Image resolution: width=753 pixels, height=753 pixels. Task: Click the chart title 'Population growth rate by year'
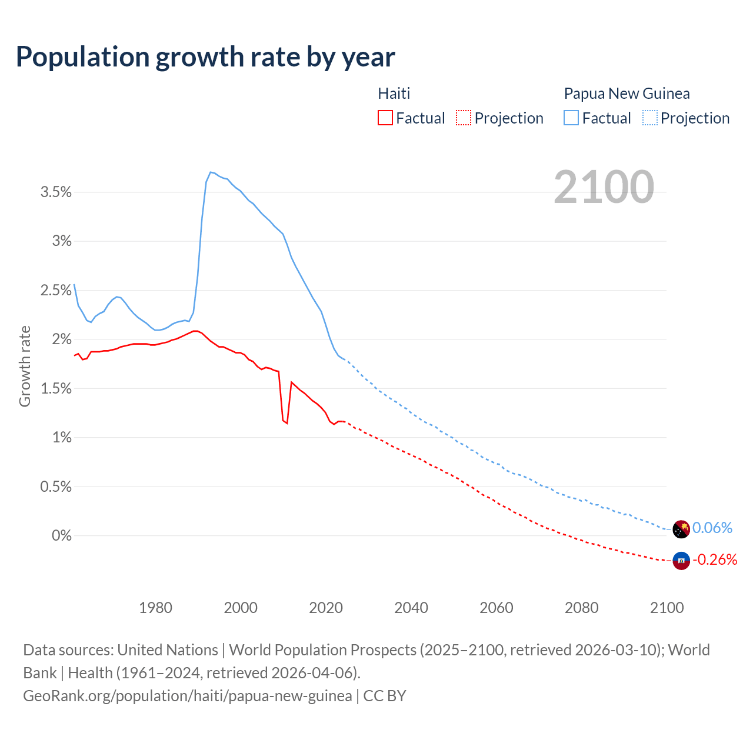pyautogui.click(x=205, y=56)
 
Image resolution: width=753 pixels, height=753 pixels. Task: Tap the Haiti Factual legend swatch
pyautogui.click(x=385, y=118)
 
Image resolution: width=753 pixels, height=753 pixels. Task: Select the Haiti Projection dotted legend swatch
pyautogui.click(x=464, y=118)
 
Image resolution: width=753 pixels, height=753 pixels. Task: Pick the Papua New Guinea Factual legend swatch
pyautogui.click(x=571, y=118)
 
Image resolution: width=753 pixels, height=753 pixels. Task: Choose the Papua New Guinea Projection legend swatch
pyautogui.click(x=649, y=118)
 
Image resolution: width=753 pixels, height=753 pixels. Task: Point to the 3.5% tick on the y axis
pyautogui.click(x=56, y=192)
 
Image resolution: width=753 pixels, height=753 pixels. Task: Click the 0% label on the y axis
pyautogui.click(x=61, y=535)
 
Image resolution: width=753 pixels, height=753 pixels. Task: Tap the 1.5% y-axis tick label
pyautogui.click(x=56, y=388)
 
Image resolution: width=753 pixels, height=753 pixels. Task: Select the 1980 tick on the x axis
pyautogui.click(x=155, y=607)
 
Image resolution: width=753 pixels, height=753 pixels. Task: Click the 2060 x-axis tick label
pyautogui.click(x=496, y=607)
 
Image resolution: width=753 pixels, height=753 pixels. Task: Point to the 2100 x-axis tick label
pyautogui.click(x=667, y=607)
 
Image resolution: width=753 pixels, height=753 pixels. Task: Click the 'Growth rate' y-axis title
pyautogui.click(x=25, y=366)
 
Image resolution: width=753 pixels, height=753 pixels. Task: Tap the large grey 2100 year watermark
pyautogui.click(x=604, y=186)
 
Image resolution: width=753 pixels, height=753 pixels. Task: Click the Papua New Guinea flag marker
pyautogui.click(x=681, y=529)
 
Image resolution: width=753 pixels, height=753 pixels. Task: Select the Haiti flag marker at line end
pyautogui.click(x=681, y=561)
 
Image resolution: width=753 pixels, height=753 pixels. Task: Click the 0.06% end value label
pyautogui.click(x=712, y=528)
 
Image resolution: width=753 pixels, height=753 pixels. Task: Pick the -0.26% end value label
pyautogui.click(x=715, y=559)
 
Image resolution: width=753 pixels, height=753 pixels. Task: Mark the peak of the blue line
pyautogui.click(x=211, y=172)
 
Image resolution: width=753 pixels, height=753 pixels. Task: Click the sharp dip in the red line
pyautogui.click(x=286, y=423)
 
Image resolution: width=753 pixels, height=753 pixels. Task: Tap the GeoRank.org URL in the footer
pyautogui.click(x=187, y=695)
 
